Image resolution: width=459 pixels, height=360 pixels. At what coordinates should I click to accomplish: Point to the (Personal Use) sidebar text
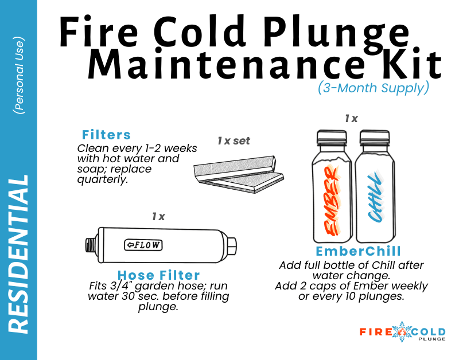coord(19,74)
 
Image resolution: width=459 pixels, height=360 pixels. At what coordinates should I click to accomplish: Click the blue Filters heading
coord(106,135)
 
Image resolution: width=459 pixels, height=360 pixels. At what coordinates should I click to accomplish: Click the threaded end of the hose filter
coord(90,245)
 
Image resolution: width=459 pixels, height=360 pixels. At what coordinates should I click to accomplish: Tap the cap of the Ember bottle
coord(332,138)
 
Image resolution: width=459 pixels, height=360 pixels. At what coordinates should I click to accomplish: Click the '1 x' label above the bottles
coord(351,119)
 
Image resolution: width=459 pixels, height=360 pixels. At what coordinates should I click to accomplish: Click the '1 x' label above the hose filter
coord(158,217)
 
